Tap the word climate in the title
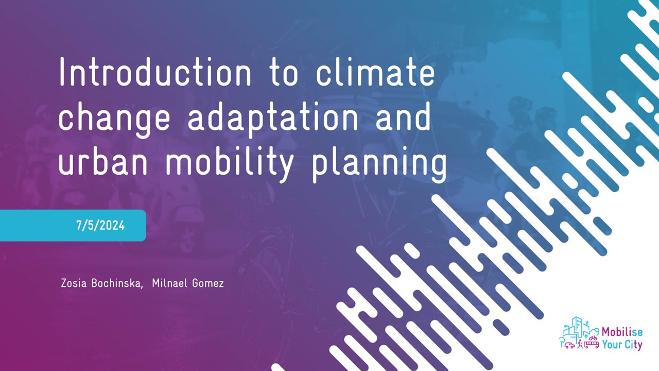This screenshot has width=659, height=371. pyautogui.click(x=375, y=73)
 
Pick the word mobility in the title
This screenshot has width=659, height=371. pyautogui.click(x=230, y=162)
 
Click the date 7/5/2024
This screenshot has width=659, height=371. pyautogui.click(x=100, y=226)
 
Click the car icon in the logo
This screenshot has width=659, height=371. pyautogui.click(x=569, y=345)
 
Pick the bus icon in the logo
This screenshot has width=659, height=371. pyautogui.click(x=592, y=345)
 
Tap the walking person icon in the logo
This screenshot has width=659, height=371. pyautogui.click(x=580, y=344)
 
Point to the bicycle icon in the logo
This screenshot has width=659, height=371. pyautogui.click(x=593, y=338)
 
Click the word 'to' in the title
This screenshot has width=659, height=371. pyautogui.click(x=284, y=73)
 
